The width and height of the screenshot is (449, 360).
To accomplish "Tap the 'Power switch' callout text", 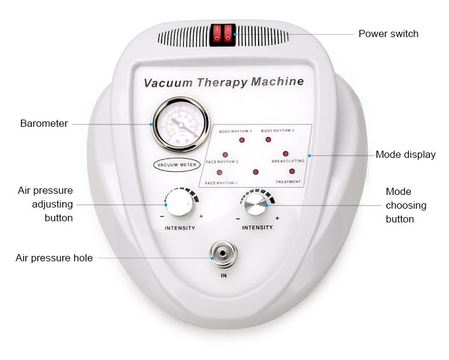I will pyautogui.click(x=388, y=33).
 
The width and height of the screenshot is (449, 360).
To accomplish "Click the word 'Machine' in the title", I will pyautogui.click(x=277, y=81).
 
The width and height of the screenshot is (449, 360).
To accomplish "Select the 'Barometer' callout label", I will pyautogui.click(x=44, y=124).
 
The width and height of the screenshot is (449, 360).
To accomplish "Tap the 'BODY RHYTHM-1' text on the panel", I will pyautogui.click(x=235, y=130).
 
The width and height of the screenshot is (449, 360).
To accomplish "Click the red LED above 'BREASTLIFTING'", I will pyautogui.click(x=286, y=154).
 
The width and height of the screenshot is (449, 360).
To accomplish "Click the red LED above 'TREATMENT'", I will pyautogui.click(x=292, y=172).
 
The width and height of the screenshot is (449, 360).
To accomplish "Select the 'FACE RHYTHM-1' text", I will pyautogui.click(x=222, y=182).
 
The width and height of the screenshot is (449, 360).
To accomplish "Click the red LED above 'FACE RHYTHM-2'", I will pyautogui.click(x=225, y=154).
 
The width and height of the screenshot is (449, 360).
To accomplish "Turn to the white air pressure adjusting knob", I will pyautogui.click(x=179, y=204).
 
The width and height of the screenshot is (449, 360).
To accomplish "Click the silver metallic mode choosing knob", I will pyautogui.click(x=257, y=205).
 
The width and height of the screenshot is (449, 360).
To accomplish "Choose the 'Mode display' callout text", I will pyautogui.click(x=405, y=155).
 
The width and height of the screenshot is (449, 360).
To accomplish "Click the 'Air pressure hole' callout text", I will pyautogui.click(x=54, y=258).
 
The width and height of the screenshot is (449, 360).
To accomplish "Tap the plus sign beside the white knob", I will pyautogui.click(x=201, y=216).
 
